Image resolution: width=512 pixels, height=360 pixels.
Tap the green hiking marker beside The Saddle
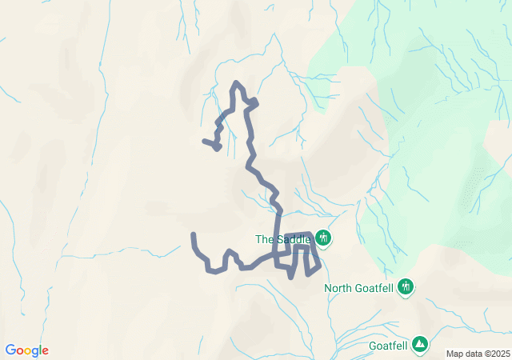pos(323,238)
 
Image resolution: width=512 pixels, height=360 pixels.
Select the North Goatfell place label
pos(359,287)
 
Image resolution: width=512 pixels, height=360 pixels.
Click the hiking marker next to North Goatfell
pos(406,286)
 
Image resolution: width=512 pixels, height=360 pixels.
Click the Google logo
pos(26,350)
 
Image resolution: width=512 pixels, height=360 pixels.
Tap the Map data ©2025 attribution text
pos(477,354)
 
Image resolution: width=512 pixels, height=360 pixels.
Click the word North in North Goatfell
pos(338,287)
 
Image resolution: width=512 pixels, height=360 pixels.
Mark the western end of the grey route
pos(194,234)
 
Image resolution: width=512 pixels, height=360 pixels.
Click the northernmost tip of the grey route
pos(236,82)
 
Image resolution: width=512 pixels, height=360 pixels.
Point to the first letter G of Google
pos(10,350)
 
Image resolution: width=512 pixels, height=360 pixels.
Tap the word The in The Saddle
pos(264,238)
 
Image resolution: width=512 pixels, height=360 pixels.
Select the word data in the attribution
pos(472,354)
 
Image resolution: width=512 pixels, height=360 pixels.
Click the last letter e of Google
pos(45,351)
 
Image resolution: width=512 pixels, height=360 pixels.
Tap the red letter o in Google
pos(19,351)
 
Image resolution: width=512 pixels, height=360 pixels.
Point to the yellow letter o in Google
pos(28,351)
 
